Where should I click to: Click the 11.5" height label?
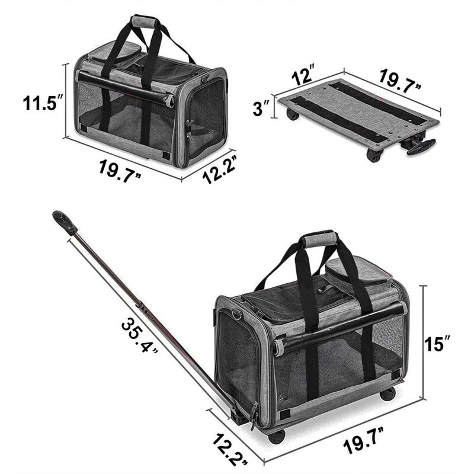tap(40, 104)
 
